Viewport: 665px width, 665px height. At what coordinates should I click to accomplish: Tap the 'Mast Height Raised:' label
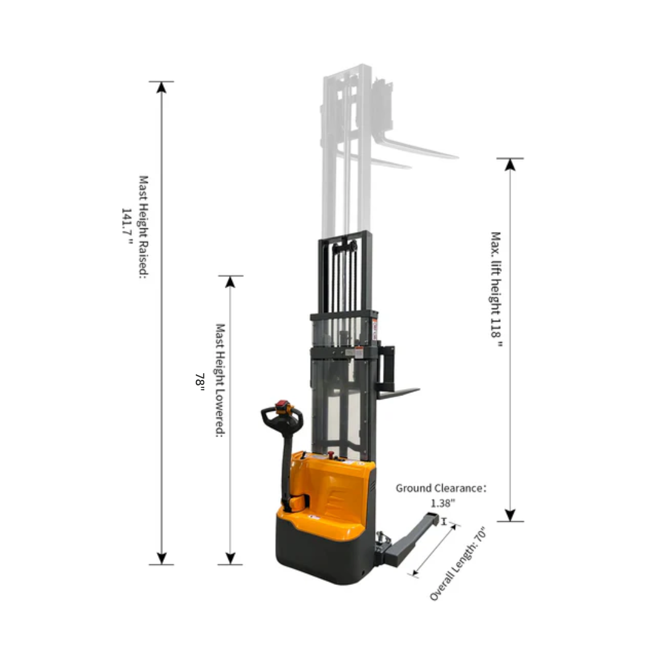point(144,227)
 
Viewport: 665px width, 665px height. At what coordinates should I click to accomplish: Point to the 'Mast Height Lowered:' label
point(220,380)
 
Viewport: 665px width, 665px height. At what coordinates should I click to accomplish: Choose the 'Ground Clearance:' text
point(441,488)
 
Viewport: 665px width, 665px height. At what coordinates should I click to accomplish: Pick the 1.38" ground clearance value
point(443,503)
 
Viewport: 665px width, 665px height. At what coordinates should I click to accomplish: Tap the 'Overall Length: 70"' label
point(458,563)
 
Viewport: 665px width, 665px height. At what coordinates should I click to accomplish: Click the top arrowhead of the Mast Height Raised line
point(161,87)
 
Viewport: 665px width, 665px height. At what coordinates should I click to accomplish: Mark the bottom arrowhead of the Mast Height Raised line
point(161,558)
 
